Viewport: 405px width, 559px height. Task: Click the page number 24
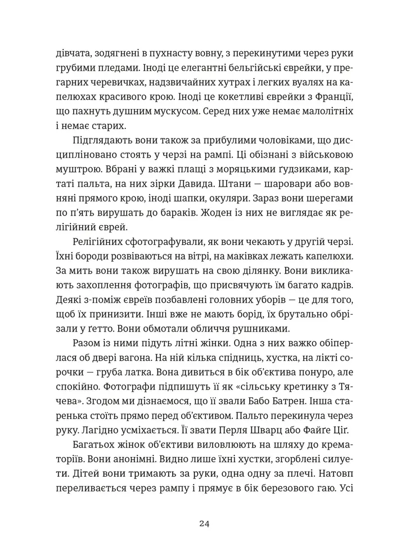pos(204,524)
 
